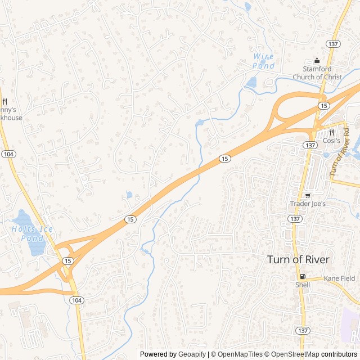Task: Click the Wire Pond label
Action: [x=263, y=61]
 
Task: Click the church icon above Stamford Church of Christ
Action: [x=316, y=61]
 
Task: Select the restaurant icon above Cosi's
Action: [x=331, y=132]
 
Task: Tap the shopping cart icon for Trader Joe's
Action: [x=308, y=195]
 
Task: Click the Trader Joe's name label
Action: [x=308, y=203]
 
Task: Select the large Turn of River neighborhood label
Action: [x=298, y=259]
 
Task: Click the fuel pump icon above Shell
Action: [x=303, y=276]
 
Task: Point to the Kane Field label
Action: [x=339, y=278]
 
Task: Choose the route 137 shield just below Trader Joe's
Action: [x=295, y=218]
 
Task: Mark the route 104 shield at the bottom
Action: [x=76, y=301]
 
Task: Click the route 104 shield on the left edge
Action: [x=8, y=154]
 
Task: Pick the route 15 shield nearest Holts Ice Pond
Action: [x=67, y=260]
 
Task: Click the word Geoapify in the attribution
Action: [x=191, y=354]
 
